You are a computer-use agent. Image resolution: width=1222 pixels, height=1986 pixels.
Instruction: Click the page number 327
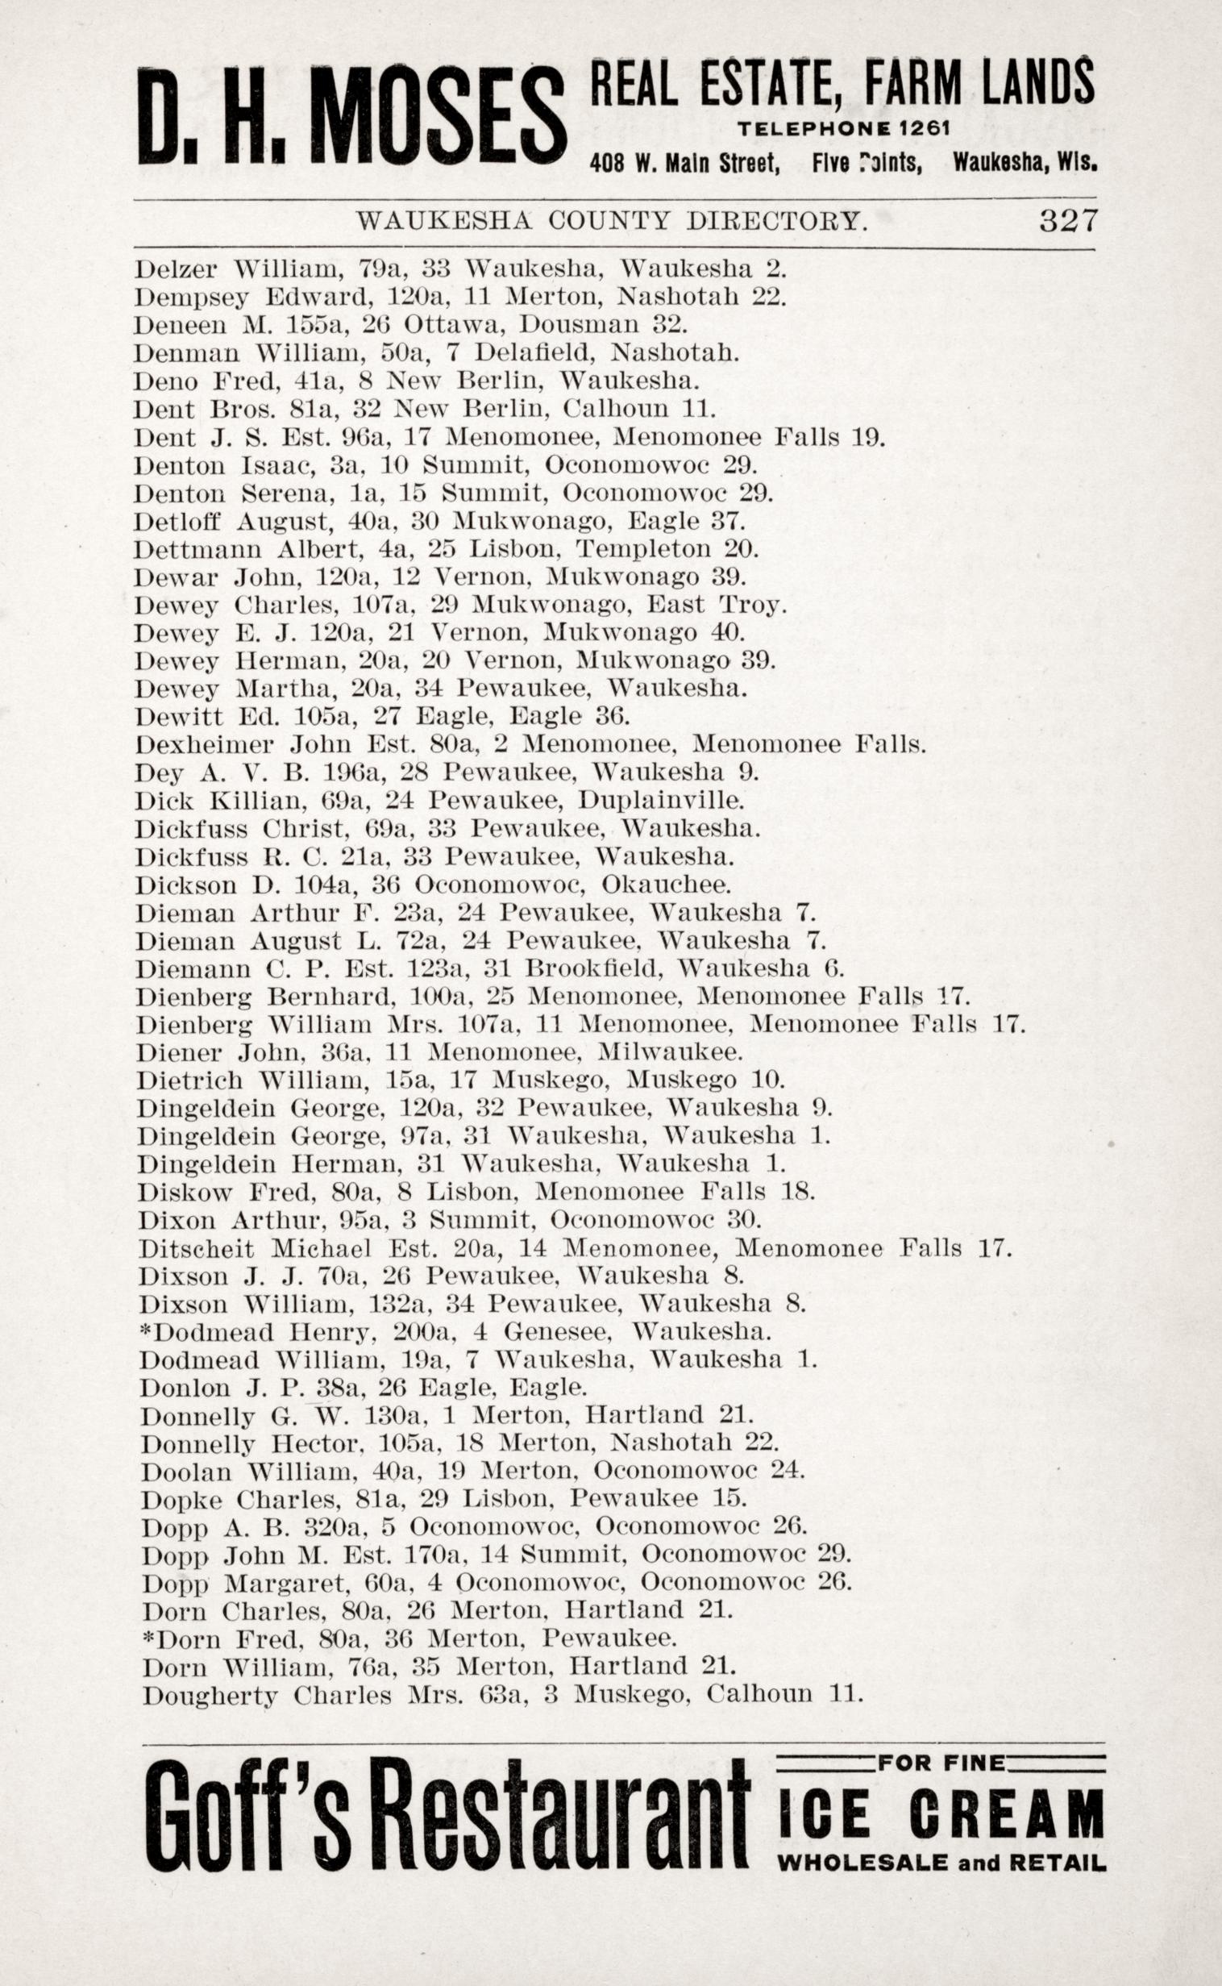[1067, 220]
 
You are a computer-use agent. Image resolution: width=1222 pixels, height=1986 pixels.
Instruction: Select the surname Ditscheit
[197, 1249]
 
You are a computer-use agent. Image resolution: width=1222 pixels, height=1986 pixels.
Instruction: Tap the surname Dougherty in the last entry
[210, 1695]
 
